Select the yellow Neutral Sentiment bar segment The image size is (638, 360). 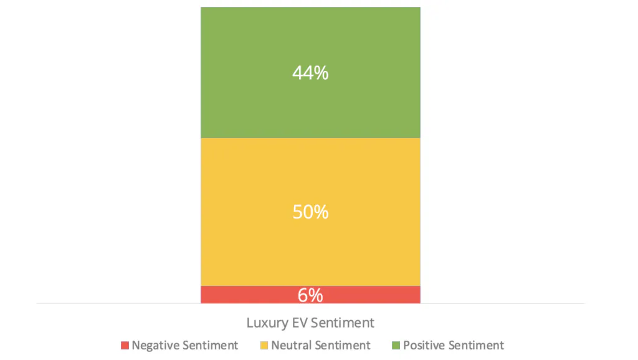click(x=310, y=249)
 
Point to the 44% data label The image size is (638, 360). click(x=310, y=73)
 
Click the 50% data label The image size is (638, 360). click(x=310, y=212)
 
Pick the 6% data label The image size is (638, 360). click(x=310, y=295)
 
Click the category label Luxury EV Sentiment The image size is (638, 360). click(x=310, y=323)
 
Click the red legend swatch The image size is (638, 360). click(x=125, y=346)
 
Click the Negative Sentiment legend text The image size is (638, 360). click(x=184, y=345)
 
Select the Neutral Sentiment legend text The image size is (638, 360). click(x=320, y=345)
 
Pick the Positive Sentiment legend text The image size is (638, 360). click(x=454, y=345)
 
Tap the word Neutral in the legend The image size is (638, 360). click(x=291, y=345)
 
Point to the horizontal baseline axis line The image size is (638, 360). click(x=498, y=303)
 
